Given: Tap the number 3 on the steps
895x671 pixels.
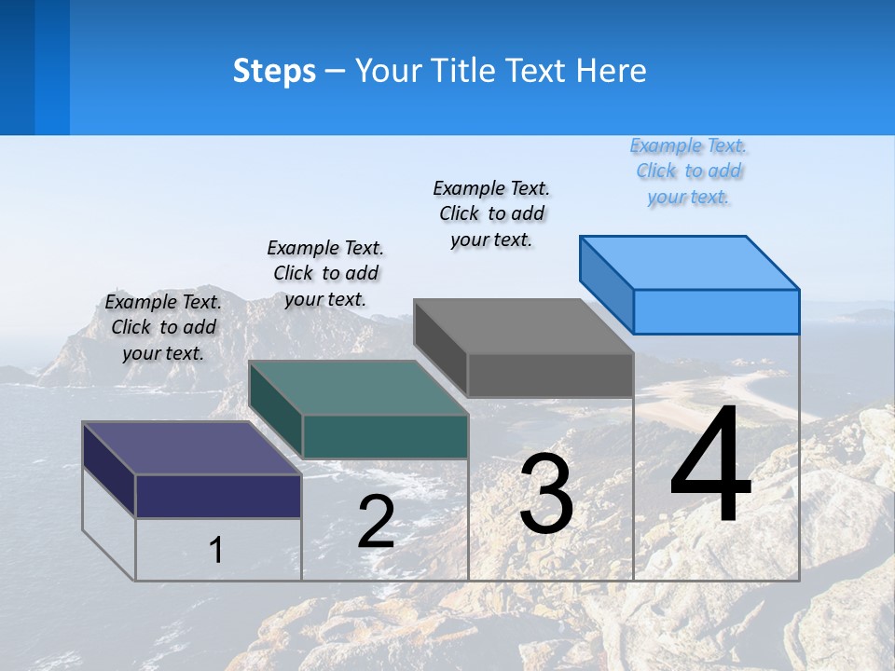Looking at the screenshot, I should pyautogui.click(x=546, y=494).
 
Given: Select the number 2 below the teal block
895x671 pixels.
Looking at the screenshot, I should pyautogui.click(x=377, y=522).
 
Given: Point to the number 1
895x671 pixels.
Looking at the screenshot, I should pyautogui.click(x=216, y=550).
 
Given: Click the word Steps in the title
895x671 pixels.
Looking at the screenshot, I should pyautogui.click(x=274, y=71).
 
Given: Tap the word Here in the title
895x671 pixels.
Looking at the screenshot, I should pyautogui.click(x=612, y=71).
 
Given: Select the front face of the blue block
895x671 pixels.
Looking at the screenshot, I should pyautogui.click(x=716, y=311).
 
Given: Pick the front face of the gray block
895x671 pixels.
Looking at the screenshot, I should pyautogui.click(x=550, y=375).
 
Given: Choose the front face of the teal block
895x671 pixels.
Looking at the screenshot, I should pyautogui.click(x=385, y=436).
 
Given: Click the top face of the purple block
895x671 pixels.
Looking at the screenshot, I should pyautogui.click(x=192, y=448).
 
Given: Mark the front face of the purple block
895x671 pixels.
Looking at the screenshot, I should pyautogui.click(x=218, y=496).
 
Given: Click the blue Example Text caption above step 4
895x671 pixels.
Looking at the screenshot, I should pyautogui.click(x=688, y=171).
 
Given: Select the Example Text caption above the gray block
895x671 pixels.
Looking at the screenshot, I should pyautogui.click(x=491, y=213).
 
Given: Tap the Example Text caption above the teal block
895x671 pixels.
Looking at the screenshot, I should pyautogui.click(x=325, y=273).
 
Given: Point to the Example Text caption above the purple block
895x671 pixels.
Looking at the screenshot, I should pyautogui.click(x=163, y=327).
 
